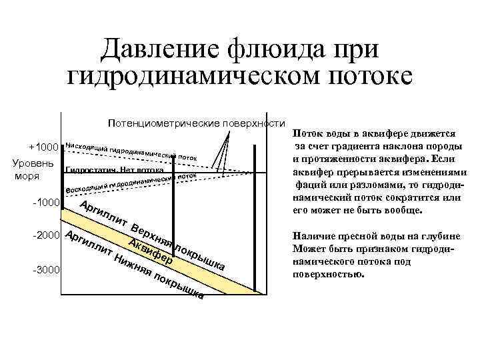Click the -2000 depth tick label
point(45,236)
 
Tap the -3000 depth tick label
point(45,269)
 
